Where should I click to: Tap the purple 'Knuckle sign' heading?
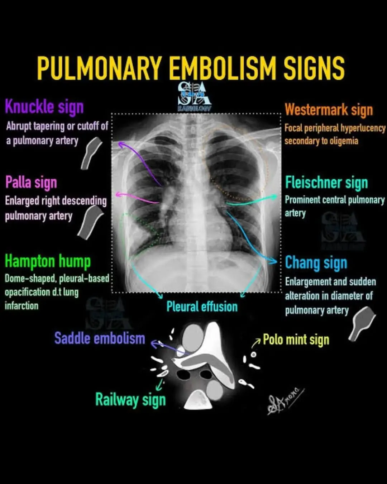pos(44,107)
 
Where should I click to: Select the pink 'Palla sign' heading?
pos(31,182)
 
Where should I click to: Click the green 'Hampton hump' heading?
pos(48,261)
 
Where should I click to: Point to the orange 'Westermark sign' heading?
pos(329,110)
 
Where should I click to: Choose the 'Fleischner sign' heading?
pos(326,183)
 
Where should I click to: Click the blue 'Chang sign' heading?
pos(316,263)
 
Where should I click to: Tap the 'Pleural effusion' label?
pos(202,307)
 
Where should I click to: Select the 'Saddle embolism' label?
pos(100,338)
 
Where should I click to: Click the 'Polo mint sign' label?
pos(296,340)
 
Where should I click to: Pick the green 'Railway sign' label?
pos(130,400)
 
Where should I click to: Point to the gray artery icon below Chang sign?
pos(362,323)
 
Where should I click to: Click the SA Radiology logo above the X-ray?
pos(195,96)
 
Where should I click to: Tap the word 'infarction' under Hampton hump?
pos(21,306)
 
